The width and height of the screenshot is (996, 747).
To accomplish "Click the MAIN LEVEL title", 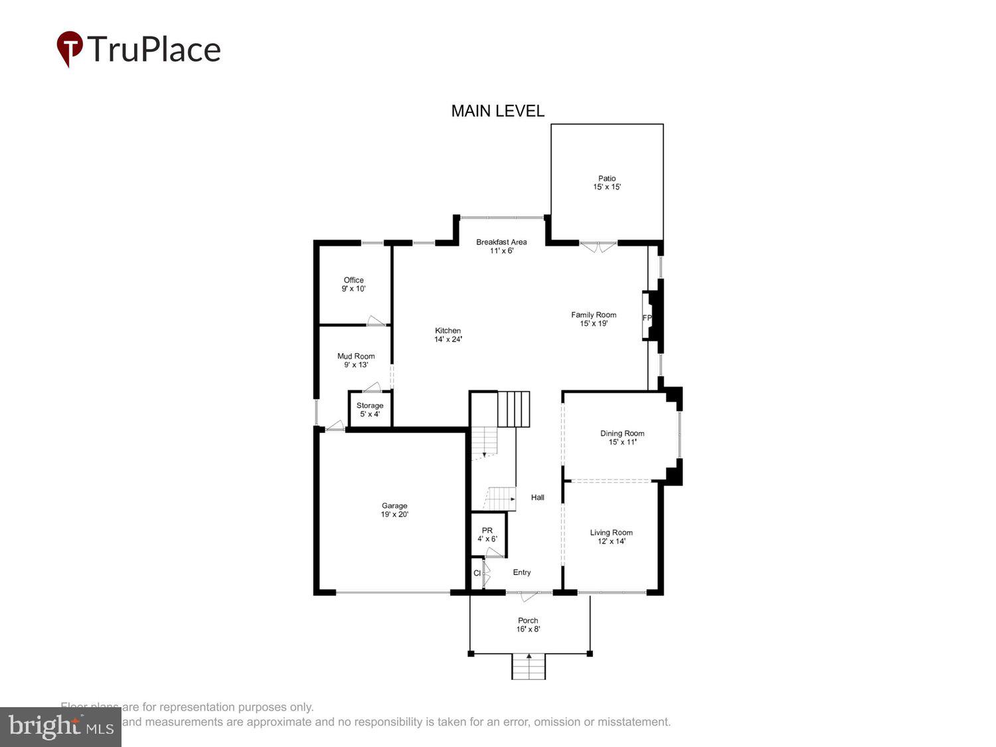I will coord(497,111).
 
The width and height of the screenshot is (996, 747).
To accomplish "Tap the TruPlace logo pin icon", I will coord(70,48).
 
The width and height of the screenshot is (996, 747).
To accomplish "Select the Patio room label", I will coord(607,178).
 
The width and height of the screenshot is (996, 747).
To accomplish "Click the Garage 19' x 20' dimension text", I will coord(394,515).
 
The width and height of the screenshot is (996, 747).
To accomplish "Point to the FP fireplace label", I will coord(647,318).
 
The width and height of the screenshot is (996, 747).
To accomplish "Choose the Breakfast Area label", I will coord(501,242).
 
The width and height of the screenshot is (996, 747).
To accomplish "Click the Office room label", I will coord(353,280).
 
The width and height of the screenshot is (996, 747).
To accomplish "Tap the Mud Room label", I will coord(356,357).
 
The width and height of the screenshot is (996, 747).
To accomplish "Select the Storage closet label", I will coord(370,406).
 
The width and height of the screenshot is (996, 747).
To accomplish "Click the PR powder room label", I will coord(487,531).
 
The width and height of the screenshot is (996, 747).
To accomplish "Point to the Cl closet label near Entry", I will coord(477,573).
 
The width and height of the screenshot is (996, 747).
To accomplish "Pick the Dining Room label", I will coord(622,434).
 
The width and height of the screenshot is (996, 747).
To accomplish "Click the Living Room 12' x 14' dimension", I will coord(612,542).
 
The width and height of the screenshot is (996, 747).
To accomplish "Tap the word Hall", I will coord(538,497).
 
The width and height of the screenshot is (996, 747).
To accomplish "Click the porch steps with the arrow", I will coord(529,666).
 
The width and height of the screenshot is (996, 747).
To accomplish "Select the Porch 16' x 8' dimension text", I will coord(529,629).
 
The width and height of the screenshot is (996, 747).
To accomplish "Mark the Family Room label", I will coord(594,315).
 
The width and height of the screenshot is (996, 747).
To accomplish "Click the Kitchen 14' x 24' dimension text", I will coord(448,339).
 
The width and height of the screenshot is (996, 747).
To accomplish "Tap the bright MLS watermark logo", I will coord(60,726).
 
